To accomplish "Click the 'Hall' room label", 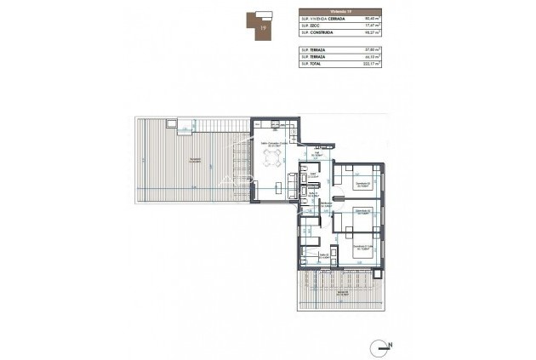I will [x=316, y=155].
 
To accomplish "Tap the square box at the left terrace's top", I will [x=173, y=125].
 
